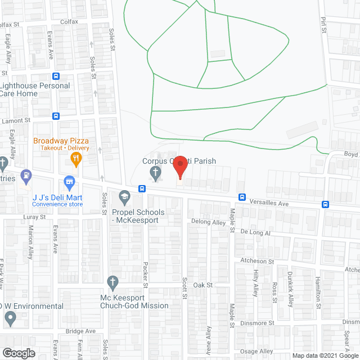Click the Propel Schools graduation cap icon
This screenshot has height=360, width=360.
(x=124, y=198)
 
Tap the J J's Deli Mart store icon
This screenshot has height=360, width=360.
(x=70, y=181)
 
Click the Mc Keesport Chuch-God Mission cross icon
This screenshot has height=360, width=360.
(x=112, y=281)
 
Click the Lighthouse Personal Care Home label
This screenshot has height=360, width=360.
(x=35, y=89)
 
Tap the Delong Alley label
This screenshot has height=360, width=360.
(x=208, y=223)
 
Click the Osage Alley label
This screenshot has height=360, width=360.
(x=257, y=352)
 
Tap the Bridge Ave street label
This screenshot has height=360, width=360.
(x=80, y=331)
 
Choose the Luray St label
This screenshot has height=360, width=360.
(x=34, y=217)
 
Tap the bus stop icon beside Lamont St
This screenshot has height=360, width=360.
(x=56, y=116)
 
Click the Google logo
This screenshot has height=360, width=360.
(x=19, y=353)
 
